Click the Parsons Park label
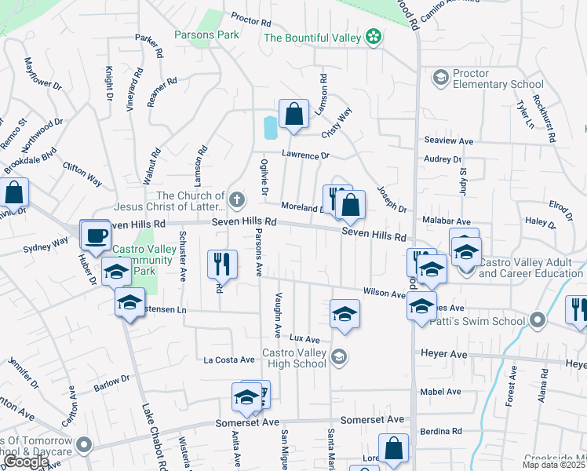pyautogui.click(x=206, y=35)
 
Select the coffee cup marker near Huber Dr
pyautogui.click(x=97, y=235)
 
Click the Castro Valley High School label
pyautogui.click(x=293, y=358)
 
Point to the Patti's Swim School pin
pyautogui.click(x=537, y=320)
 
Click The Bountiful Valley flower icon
pyautogui.click(x=374, y=37)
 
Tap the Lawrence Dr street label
pyautogui.click(x=307, y=155)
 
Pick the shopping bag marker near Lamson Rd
pyautogui.click(x=293, y=115)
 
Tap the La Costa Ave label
pyautogui.click(x=229, y=360)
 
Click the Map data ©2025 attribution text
pyautogui.click(x=552, y=465)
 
